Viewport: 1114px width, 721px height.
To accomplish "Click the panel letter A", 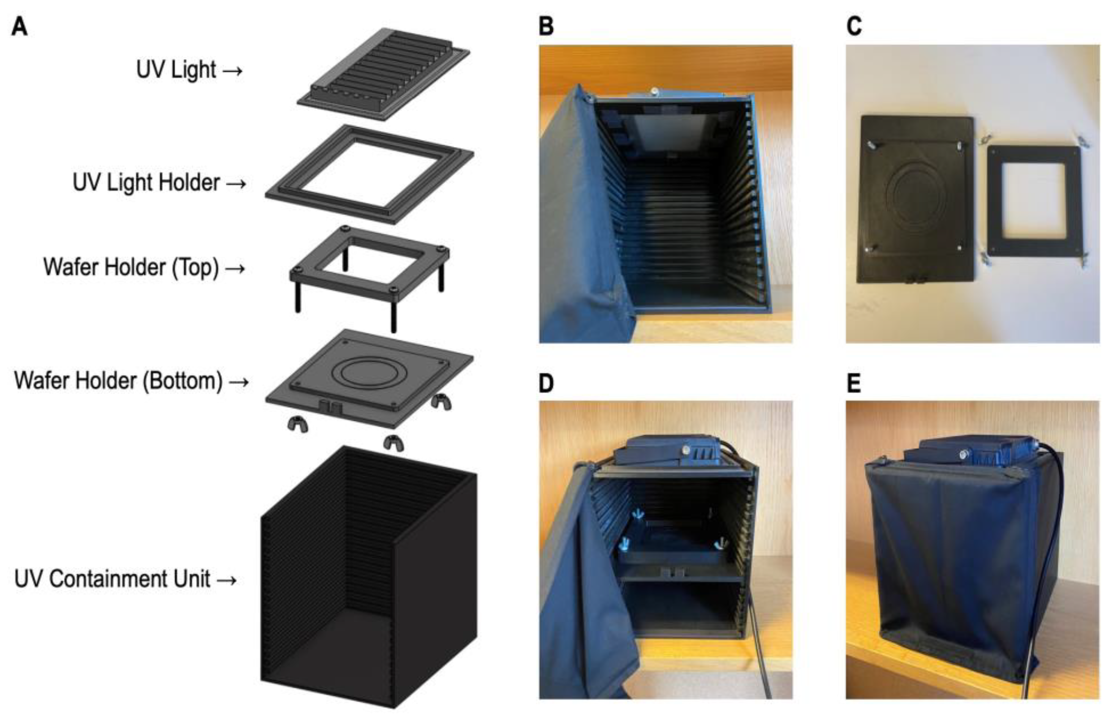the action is click(x=19, y=27).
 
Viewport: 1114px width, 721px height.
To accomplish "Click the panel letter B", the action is click(x=546, y=26).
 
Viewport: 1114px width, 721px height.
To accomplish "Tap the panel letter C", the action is click(x=854, y=26).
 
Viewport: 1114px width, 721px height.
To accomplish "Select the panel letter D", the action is click(x=546, y=383).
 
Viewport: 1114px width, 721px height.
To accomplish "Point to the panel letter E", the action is click(x=853, y=383).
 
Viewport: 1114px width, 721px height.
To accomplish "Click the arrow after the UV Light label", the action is click(x=233, y=71).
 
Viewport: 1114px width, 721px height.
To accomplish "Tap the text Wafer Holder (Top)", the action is click(x=131, y=268).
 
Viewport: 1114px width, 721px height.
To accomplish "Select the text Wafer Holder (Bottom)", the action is click(x=118, y=381).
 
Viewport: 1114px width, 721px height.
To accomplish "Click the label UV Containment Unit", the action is click(x=112, y=579).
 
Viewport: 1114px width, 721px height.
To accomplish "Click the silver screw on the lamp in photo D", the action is click(x=685, y=450).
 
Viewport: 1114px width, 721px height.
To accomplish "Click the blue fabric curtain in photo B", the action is click(x=580, y=225).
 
